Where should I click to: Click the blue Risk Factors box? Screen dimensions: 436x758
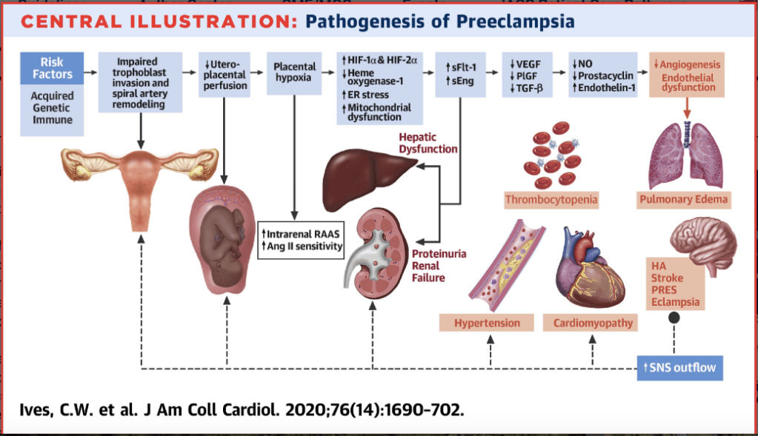click(x=52, y=67)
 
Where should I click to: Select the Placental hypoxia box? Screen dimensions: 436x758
click(x=294, y=72)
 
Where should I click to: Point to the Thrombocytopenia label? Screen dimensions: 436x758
click(x=551, y=199)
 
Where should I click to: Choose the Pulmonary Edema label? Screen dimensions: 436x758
click(x=683, y=199)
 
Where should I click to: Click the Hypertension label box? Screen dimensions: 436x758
click(x=487, y=323)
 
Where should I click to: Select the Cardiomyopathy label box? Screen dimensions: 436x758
click(x=593, y=323)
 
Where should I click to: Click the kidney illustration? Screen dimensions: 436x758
click(x=376, y=249)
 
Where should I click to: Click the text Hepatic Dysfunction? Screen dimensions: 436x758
click(x=428, y=143)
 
